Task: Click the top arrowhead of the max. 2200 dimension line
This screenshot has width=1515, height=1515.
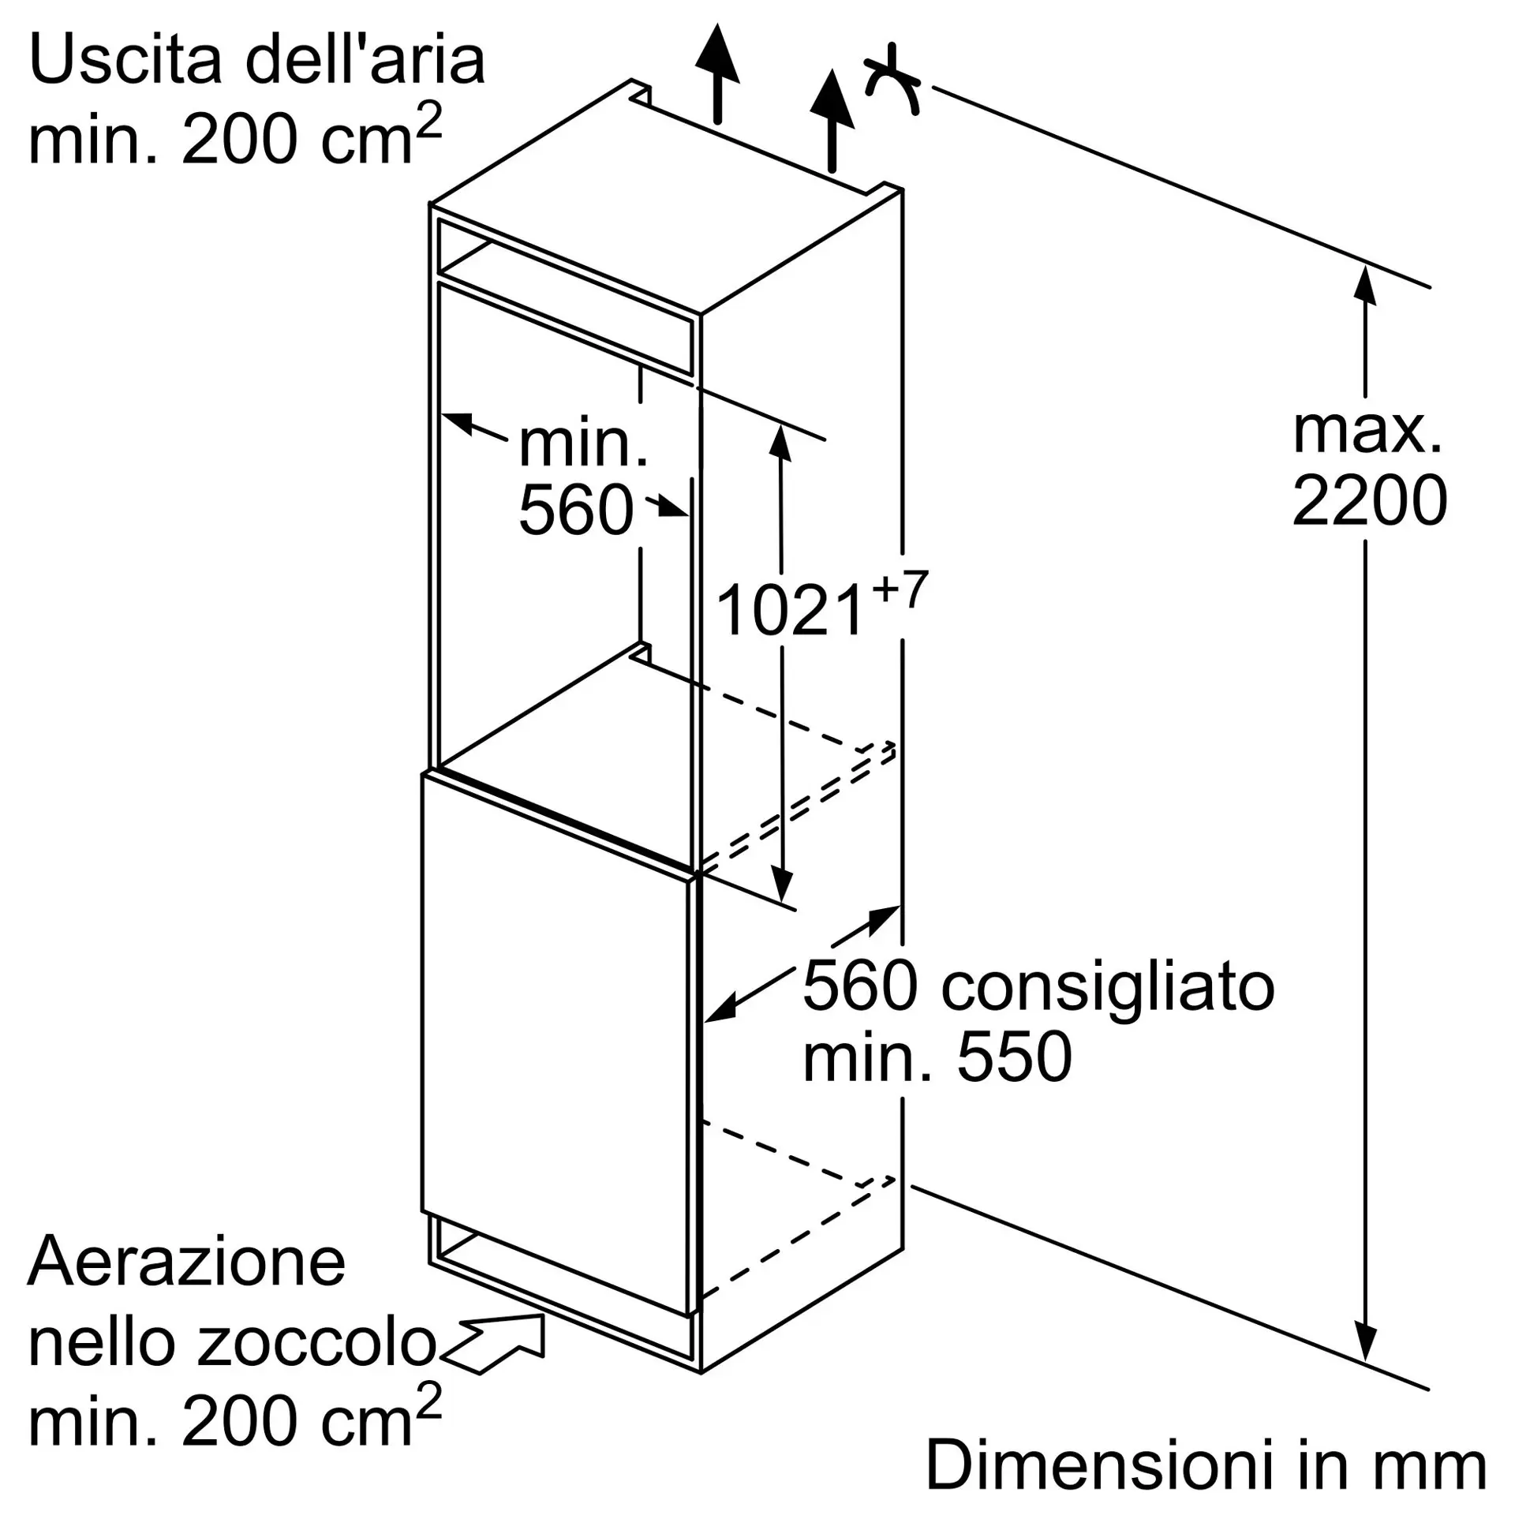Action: (1364, 268)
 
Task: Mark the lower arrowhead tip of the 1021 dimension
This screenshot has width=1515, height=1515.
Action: (782, 902)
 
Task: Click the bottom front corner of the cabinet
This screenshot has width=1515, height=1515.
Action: (701, 1373)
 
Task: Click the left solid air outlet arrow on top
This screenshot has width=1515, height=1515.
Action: (717, 73)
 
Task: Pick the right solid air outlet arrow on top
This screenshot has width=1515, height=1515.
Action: (832, 120)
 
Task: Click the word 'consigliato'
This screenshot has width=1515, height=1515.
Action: (1108, 987)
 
